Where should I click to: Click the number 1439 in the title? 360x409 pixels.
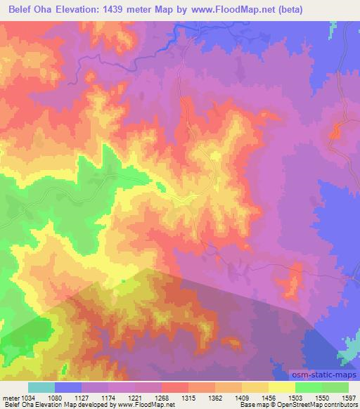coord(138,10)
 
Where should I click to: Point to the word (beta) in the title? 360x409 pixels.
coord(336,10)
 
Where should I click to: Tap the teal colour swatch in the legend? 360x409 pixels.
coord(41,387)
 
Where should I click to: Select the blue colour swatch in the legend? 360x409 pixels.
coord(68,387)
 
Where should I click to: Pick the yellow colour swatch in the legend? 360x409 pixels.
coord(282,387)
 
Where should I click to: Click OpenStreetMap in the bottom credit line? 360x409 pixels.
coord(295,405)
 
